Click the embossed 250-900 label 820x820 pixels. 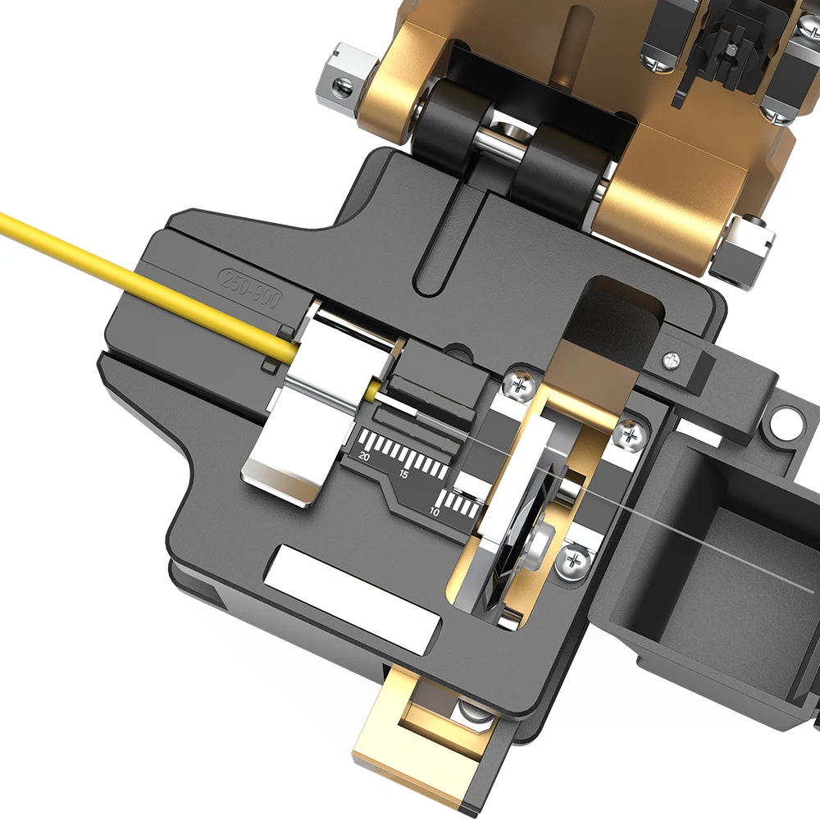click(x=251, y=289)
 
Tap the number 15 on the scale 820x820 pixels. click(x=403, y=475)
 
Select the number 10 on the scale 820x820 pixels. click(x=434, y=511)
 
